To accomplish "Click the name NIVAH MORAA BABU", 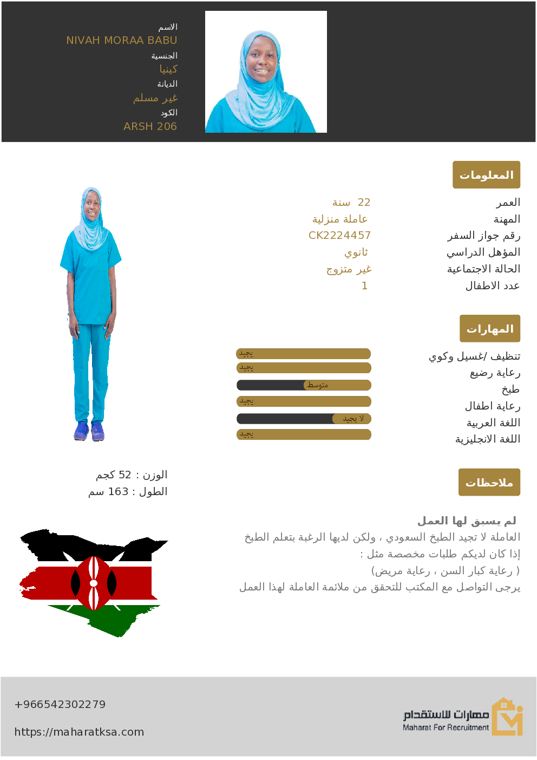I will pyautogui.click(x=122, y=40).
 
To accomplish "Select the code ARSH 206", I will pyautogui.click(x=150, y=126).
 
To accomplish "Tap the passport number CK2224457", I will pyautogui.click(x=339, y=235).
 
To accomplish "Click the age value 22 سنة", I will pyautogui.click(x=351, y=202).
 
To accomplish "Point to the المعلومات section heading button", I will pyautogui.click(x=486, y=174).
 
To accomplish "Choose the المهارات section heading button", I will pyautogui.click(x=489, y=328).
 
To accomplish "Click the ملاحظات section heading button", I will pyautogui.click(x=489, y=482).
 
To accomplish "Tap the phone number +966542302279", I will pyautogui.click(x=60, y=704).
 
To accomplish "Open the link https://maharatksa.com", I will pyautogui.click(x=79, y=732).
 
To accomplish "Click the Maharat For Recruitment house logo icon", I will pyautogui.click(x=507, y=717).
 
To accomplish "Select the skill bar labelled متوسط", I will pyautogui.click(x=304, y=385).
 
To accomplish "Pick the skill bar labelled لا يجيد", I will pyautogui.click(x=304, y=419).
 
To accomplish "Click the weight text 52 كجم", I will pyautogui.click(x=132, y=475).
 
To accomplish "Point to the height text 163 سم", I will pyautogui.click(x=128, y=491).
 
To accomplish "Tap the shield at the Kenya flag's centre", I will pyautogui.click(x=94, y=583).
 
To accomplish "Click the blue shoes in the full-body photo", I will pyautogui.click(x=89, y=431).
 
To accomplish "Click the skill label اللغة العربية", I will pyautogui.click(x=493, y=423).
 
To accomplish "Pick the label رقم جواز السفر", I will pyautogui.click(x=483, y=236).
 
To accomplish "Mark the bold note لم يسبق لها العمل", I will pyautogui.click(x=467, y=521).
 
